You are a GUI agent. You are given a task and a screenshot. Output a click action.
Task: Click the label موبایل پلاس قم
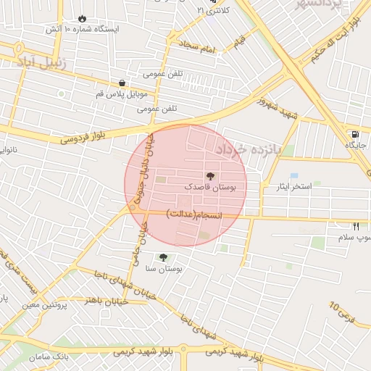[122, 94]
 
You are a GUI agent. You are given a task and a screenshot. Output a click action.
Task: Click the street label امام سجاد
[200, 48]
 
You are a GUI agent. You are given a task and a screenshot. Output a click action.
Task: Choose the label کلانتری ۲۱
[213, 10]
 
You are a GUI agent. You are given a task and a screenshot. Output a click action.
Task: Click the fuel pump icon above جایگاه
[354, 134]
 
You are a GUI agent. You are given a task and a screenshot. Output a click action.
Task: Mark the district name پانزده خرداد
[253, 150]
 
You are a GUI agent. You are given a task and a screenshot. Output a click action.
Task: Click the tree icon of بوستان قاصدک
[211, 175]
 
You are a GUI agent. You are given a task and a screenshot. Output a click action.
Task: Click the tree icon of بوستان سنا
[162, 257]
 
